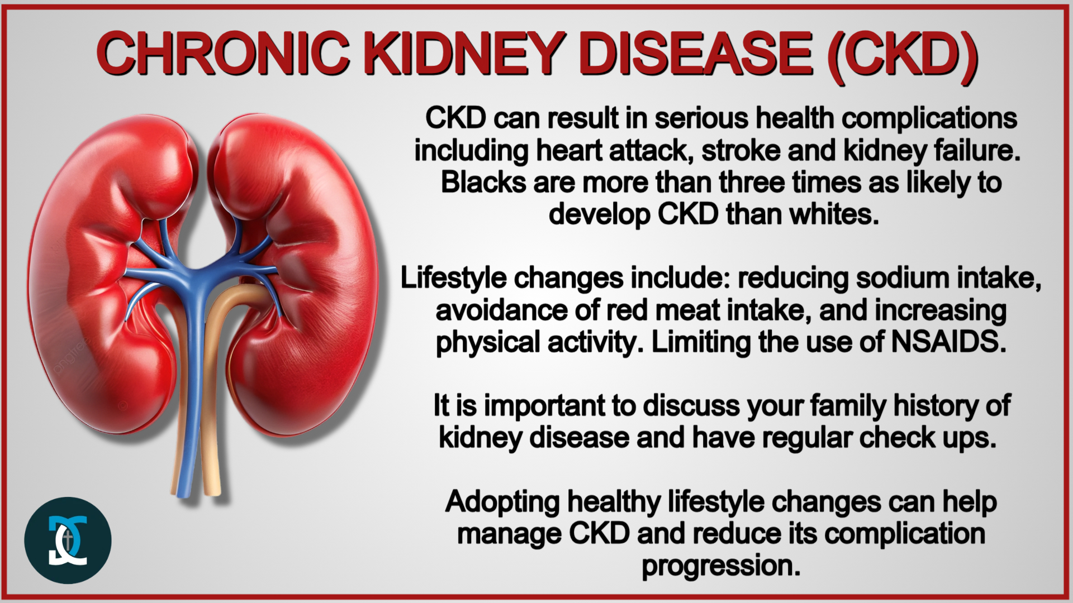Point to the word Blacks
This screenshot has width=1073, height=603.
[483, 183]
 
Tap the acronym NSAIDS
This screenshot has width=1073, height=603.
[949, 342]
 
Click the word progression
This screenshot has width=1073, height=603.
[721, 566]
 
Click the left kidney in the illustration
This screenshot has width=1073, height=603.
[112, 279]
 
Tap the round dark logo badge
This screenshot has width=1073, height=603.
[68, 540]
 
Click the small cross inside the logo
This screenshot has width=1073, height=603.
[68, 540]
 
